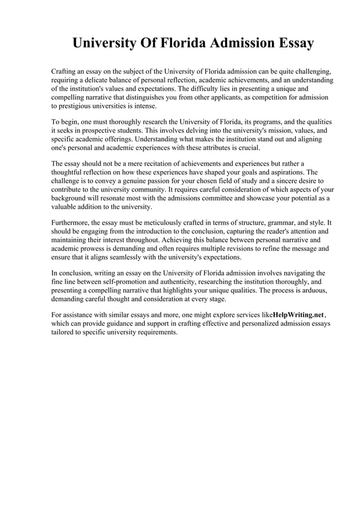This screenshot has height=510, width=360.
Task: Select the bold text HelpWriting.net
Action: tap(298, 315)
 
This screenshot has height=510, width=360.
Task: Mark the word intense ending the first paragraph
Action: tap(144, 106)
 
